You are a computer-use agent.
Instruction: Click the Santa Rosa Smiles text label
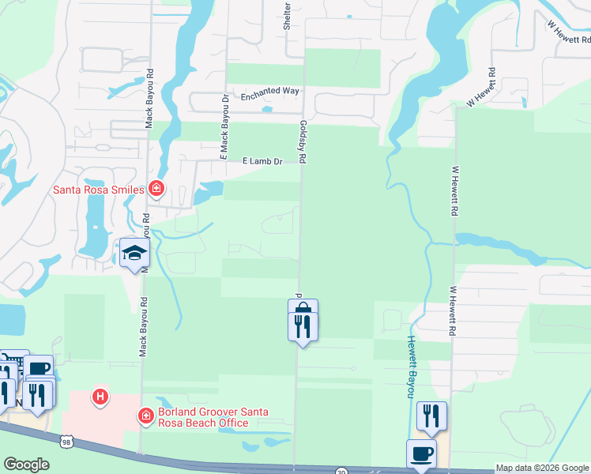(98, 190)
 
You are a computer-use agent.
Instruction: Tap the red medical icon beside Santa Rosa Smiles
(156, 189)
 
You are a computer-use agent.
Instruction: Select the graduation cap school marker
(134, 254)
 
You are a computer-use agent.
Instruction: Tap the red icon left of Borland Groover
(145, 416)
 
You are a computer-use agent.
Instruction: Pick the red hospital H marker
(100, 396)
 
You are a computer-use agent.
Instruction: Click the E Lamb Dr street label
(262, 162)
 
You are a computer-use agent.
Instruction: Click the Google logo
(27, 465)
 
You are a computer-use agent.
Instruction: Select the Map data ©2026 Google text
(541, 468)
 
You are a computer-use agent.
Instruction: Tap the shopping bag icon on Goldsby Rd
(303, 310)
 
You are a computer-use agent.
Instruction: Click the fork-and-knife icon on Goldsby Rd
(303, 326)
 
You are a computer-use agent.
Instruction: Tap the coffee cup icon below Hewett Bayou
(421, 453)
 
